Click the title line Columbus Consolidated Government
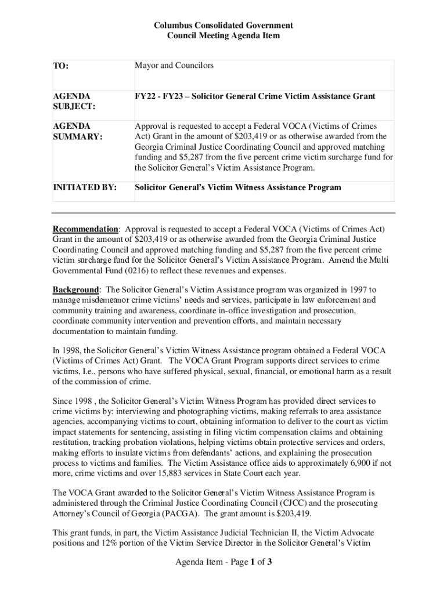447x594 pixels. [223, 26]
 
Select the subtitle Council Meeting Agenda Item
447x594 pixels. [223, 36]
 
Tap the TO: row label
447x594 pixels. [60, 67]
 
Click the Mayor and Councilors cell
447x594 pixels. [174, 66]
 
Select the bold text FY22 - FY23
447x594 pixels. [159, 96]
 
